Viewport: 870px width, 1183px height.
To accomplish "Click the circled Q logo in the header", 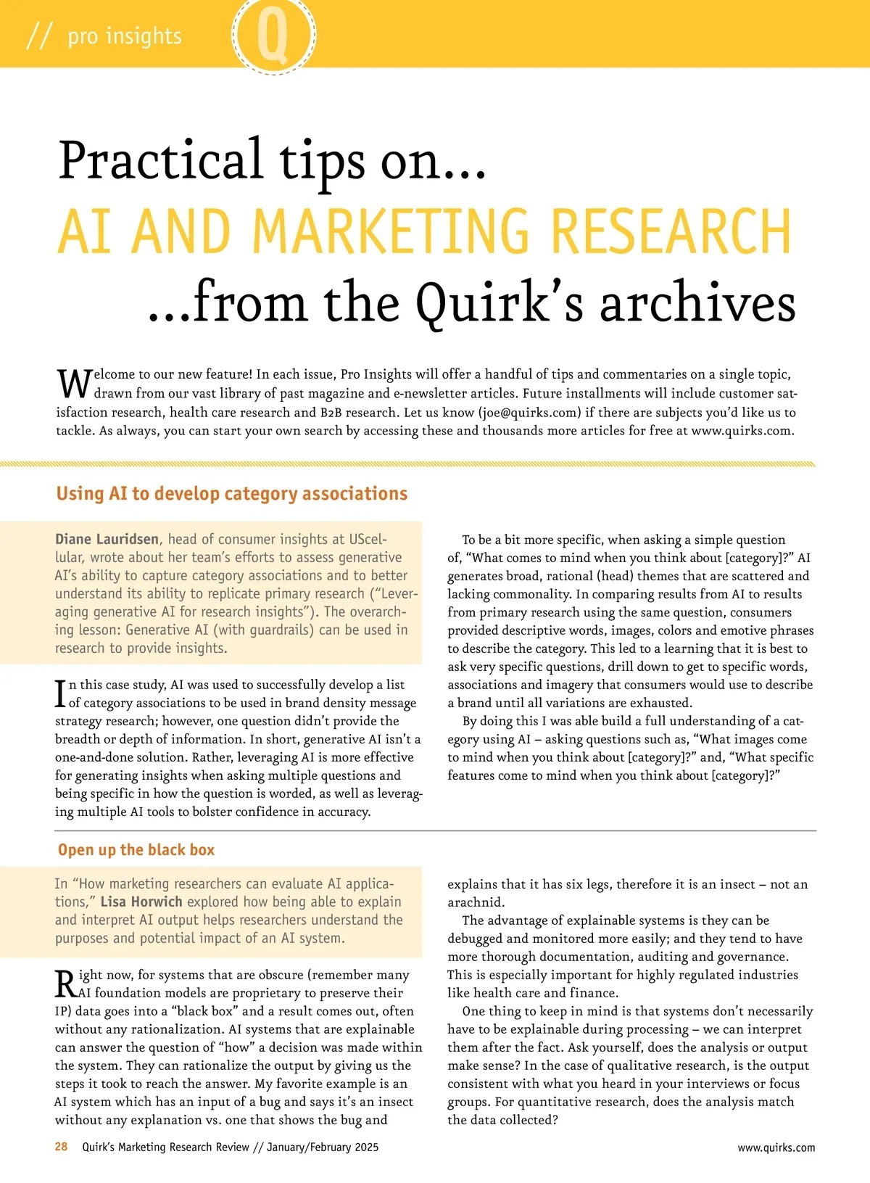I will click(273, 34).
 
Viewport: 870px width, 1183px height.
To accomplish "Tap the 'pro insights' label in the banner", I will click(125, 36).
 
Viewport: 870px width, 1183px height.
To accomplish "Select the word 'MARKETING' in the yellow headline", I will click(395, 231).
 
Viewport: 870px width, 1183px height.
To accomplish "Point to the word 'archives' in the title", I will click(697, 302).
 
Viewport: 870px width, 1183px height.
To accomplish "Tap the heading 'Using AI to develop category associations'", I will click(232, 494).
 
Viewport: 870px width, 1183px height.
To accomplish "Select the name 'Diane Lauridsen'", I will click(107, 539).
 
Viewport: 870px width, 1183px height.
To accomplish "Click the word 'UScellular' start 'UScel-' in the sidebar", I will click(368, 539).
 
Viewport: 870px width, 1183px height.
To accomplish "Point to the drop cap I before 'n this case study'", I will click(61, 693).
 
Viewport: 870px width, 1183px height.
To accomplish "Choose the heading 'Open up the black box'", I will click(136, 850).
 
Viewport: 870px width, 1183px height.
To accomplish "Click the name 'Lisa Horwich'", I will click(141, 902).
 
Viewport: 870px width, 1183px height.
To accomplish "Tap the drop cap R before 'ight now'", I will click(65, 984).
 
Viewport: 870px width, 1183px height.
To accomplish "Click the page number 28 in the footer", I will click(62, 1147).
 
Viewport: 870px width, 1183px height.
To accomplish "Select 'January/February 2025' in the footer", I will click(323, 1147).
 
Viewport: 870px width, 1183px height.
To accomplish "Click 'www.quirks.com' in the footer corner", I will click(776, 1147).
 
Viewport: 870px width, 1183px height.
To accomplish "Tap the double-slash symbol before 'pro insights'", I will click(38, 36).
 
